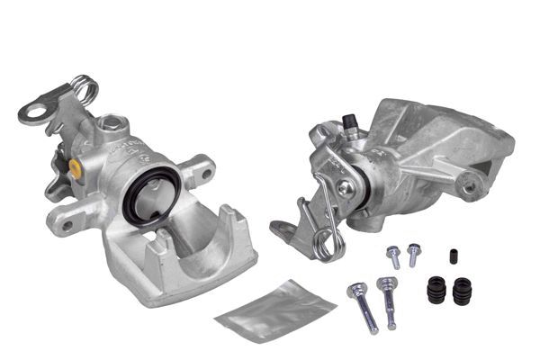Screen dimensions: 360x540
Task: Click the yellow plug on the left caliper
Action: click(x=74, y=167)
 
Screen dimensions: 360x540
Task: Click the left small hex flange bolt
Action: click(x=393, y=257)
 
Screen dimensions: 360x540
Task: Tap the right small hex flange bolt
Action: click(x=414, y=254)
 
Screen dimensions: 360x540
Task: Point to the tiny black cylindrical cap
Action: click(x=454, y=256)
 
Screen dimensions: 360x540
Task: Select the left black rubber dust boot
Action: click(x=437, y=292)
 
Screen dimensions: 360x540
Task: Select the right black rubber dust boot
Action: click(x=463, y=292)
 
